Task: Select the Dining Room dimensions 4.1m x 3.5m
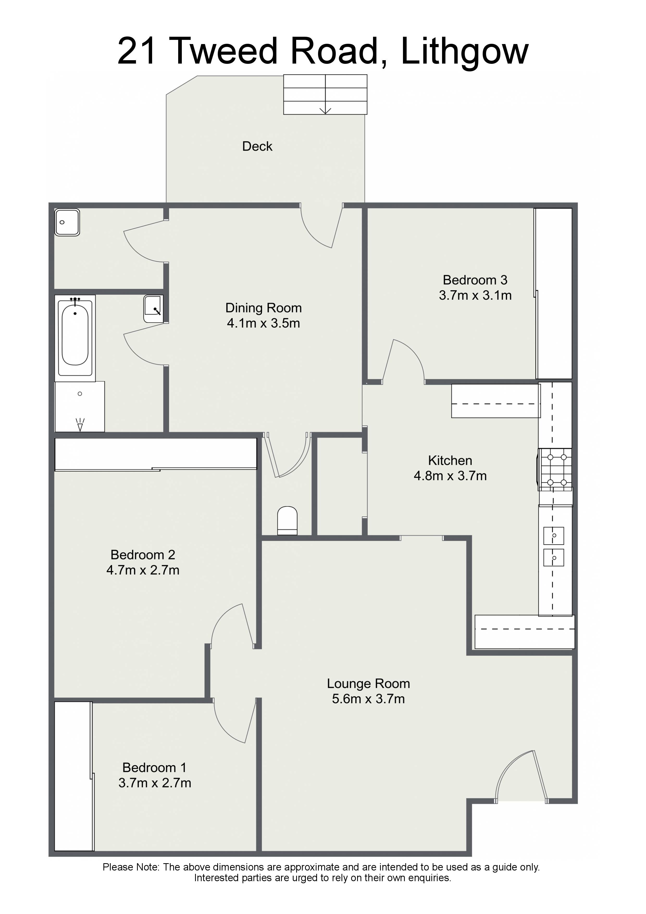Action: [x=264, y=323]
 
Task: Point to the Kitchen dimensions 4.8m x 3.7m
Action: [x=450, y=476]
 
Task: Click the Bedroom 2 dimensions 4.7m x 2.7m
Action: [x=143, y=570]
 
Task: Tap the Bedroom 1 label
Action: [x=154, y=768]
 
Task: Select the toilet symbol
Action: [x=287, y=521]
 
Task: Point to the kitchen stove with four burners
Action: [x=555, y=470]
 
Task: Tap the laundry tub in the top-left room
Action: [x=67, y=223]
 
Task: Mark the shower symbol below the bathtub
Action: [x=80, y=406]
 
